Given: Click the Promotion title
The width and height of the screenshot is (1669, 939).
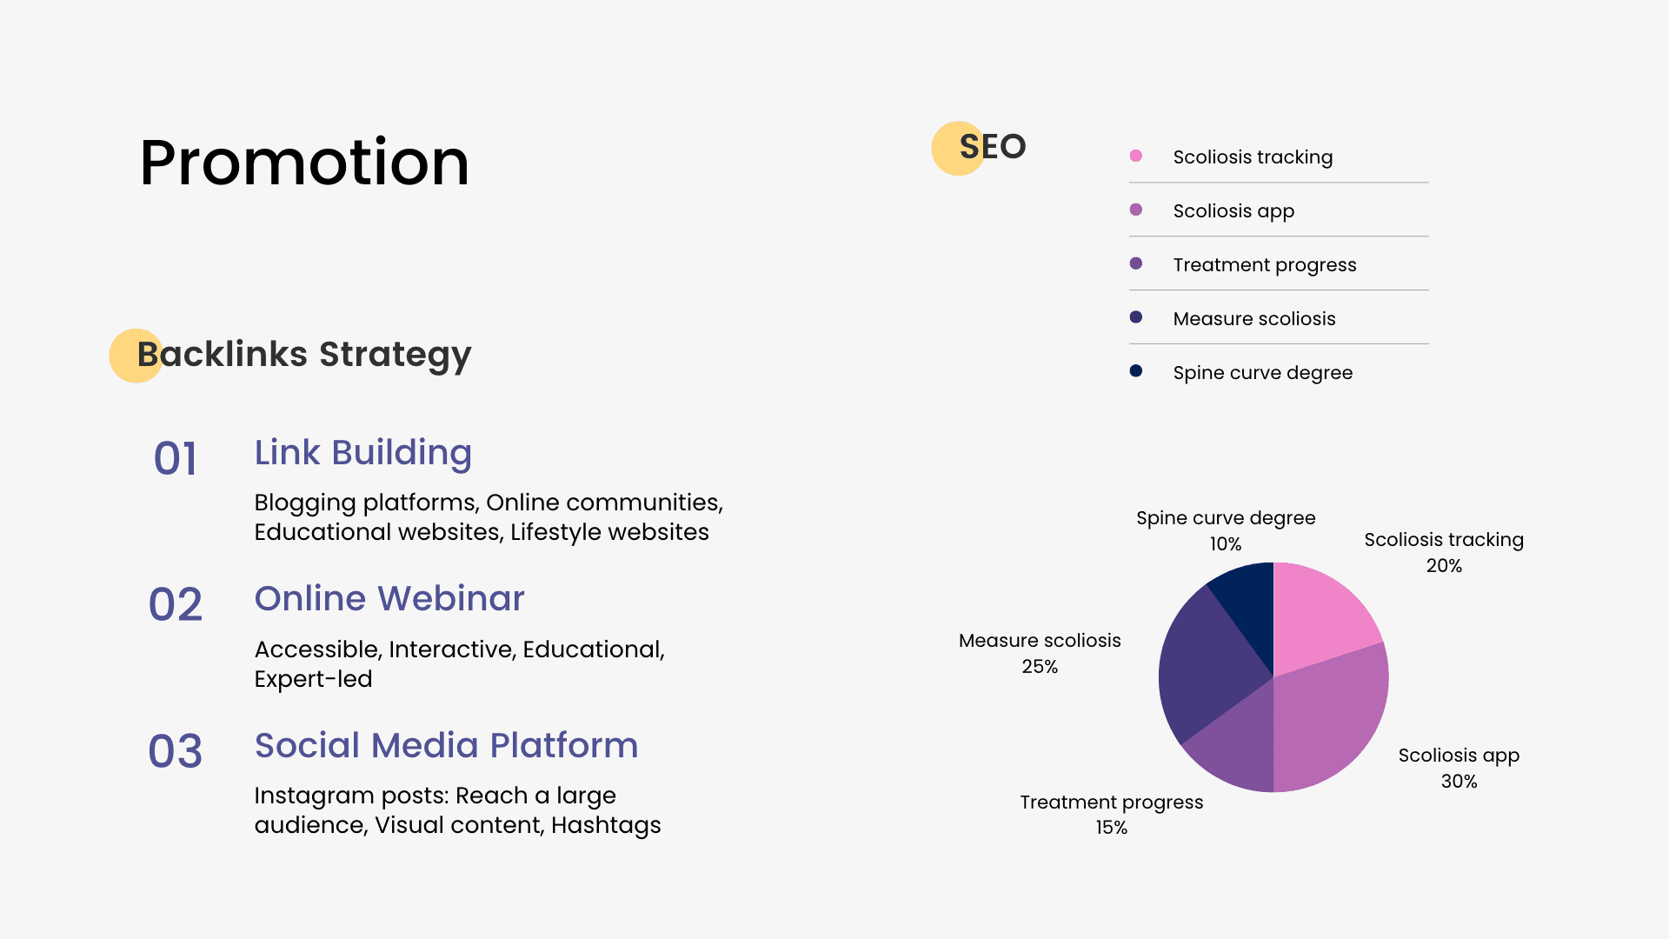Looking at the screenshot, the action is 304,163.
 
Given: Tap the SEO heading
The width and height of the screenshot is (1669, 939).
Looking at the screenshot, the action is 993,146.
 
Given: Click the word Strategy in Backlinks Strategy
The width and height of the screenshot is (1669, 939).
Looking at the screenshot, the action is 396,356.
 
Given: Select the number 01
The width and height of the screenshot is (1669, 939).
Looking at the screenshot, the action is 176,458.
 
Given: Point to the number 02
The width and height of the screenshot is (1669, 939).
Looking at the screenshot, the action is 176,604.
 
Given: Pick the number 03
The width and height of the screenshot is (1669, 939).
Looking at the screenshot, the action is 176,751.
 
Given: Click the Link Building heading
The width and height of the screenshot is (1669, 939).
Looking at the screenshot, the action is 363,453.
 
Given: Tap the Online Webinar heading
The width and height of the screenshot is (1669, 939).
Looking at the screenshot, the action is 389,598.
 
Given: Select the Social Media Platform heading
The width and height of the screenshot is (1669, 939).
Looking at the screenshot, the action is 446,745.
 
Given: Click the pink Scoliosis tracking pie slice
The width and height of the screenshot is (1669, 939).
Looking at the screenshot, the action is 1321,617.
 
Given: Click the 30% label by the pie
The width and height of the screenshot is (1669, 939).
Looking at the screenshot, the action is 1459,781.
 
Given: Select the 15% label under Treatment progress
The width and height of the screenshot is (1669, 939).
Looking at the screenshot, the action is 1111,828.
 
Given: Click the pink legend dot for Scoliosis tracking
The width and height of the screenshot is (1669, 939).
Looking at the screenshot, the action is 1136,156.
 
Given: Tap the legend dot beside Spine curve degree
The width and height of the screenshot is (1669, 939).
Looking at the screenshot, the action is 1136,371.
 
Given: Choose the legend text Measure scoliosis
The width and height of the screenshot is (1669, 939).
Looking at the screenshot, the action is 1254,318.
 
